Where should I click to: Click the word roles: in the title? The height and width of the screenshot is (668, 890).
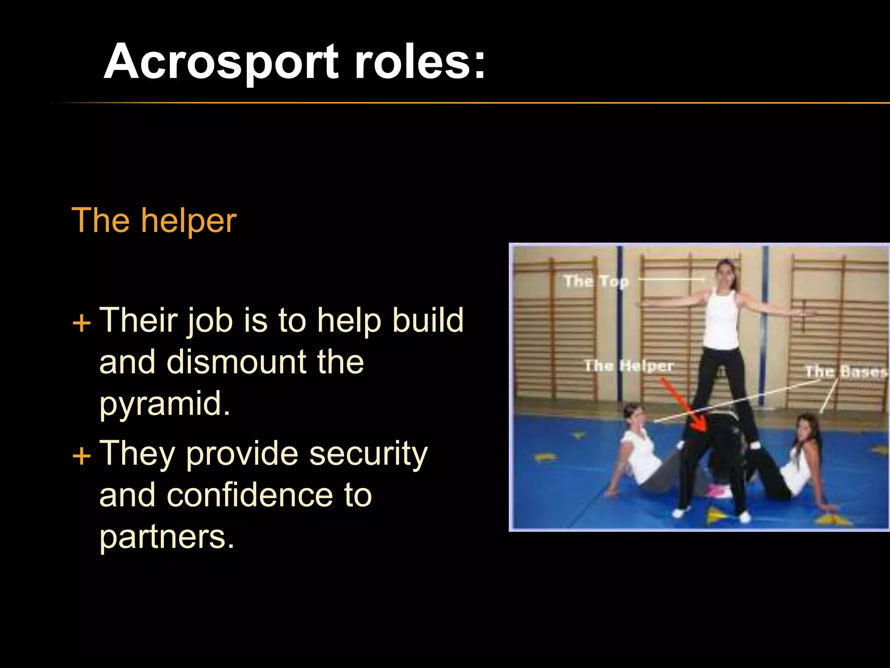tap(420, 62)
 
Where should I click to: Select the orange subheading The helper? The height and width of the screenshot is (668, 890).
tap(154, 220)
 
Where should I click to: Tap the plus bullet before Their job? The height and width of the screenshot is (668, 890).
tap(81, 324)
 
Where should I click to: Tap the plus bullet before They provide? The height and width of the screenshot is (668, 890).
tap(81, 457)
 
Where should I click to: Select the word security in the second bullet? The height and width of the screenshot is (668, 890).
tap(368, 453)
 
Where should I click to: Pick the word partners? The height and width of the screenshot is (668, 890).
tap(167, 537)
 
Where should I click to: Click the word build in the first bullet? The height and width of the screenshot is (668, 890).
tap(428, 320)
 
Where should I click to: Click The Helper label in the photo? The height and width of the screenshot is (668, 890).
tap(629, 366)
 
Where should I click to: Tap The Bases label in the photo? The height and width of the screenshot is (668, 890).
tap(845, 372)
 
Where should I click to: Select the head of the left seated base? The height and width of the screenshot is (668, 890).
tap(634, 417)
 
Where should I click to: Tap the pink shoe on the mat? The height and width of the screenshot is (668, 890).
tap(719, 491)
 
